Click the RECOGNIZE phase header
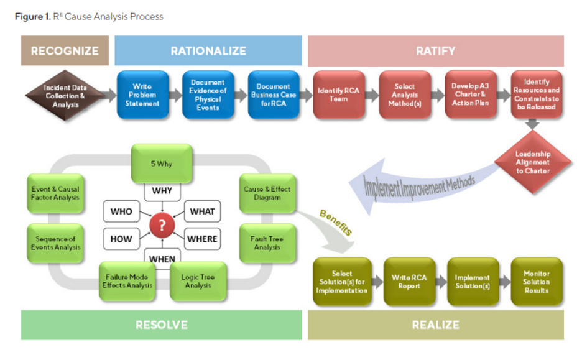point(65,50)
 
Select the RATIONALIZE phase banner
point(208,50)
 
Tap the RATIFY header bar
point(435,50)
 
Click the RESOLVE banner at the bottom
point(161,325)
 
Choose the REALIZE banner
point(435,325)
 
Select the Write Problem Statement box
point(142,95)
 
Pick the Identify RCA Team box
point(339,95)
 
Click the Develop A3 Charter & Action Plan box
point(471,95)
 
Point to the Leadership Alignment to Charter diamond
point(532,162)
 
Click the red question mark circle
point(162,226)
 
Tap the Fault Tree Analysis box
point(267,242)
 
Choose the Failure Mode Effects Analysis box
point(127,281)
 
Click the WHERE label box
point(202,238)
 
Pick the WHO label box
point(121,211)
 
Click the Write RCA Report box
point(410,282)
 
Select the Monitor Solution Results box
point(536,282)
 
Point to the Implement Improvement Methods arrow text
point(420,185)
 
